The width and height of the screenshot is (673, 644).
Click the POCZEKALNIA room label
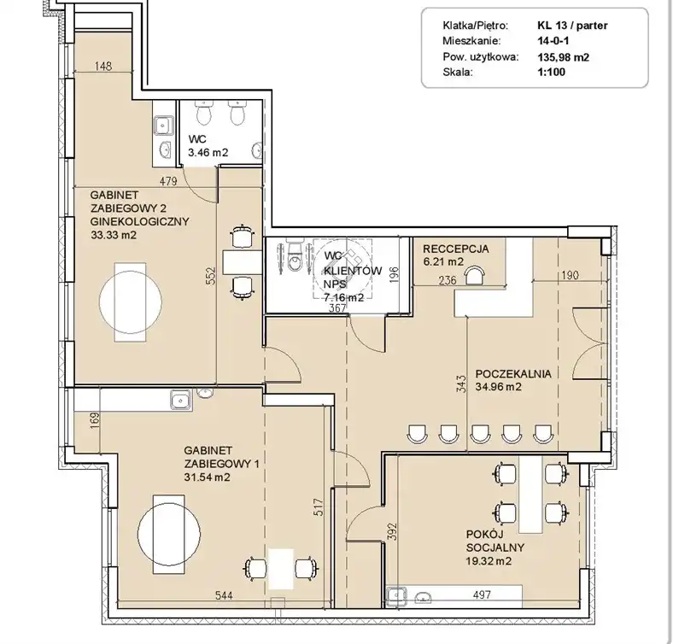[x=513, y=373]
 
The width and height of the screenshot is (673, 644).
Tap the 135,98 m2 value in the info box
[x=563, y=57]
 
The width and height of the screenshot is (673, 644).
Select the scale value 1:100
[x=551, y=72]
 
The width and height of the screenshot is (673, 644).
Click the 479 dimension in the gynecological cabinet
[x=168, y=181]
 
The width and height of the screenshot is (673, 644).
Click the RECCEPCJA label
[x=456, y=249]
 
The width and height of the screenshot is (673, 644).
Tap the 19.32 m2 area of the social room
[x=489, y=560]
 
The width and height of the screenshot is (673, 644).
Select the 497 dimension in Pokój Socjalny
[x=482, y=594]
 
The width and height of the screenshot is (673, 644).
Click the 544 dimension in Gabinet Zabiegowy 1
[x=224, y=595]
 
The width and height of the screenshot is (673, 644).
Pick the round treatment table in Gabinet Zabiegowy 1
[x=169, y=535]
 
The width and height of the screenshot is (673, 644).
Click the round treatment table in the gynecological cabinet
[x=131, y=302]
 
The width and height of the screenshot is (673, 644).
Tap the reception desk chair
[x=474, y=275]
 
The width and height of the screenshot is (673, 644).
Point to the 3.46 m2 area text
[x=208, y=152]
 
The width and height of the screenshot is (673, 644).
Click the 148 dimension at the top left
[x=103, y=66]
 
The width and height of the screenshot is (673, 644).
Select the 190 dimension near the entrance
[x=570, y=275]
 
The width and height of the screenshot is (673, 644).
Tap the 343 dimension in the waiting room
[x=461, y=384]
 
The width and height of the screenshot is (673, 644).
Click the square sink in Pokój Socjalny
[x=397, y=595]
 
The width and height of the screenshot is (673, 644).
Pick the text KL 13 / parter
[x=572, y=26]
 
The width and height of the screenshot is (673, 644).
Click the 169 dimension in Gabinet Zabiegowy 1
[x=96, y=419]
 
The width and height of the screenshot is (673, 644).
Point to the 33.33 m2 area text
[x=114, y=235]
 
